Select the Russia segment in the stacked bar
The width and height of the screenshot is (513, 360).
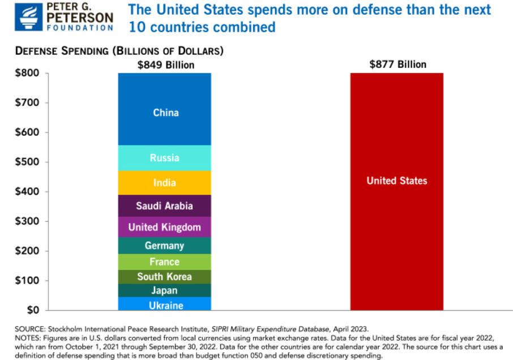165,158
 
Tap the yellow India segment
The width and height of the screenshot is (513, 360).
165,183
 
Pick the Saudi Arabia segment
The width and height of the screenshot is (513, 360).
165,206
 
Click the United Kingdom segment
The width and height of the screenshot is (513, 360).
165,227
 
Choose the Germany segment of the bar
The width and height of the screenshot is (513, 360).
165,246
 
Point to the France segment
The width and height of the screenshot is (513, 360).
165,262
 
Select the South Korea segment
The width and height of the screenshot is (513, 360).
165,277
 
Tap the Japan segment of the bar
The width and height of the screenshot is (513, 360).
165,290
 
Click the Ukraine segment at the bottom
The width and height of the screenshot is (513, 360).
165,305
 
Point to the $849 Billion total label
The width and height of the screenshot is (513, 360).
166,65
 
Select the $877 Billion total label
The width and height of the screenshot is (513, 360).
397,65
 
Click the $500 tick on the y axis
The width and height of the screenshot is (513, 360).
27,162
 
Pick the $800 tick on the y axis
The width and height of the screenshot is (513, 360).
27,74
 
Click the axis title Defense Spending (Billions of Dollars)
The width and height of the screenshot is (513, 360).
119,51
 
